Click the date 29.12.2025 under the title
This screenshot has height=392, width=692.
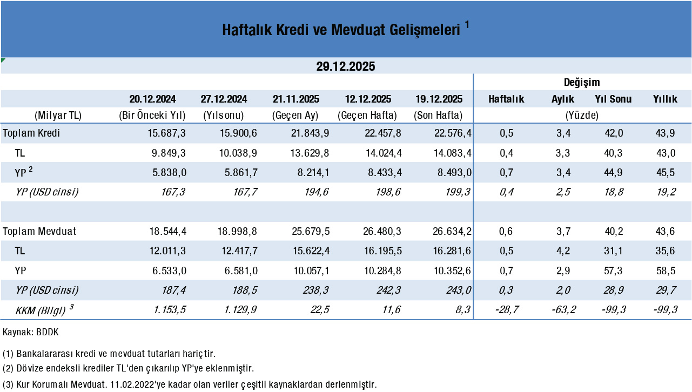coord(346,66)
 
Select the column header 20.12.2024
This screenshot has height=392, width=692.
coord(152,99)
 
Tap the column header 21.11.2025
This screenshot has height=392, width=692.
coord(296,99)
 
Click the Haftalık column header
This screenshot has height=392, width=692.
coord(506,99)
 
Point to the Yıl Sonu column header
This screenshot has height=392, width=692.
coord(613,99)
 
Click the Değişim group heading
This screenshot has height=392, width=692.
coord(582,83)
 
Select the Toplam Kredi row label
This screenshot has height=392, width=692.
coord(31,133)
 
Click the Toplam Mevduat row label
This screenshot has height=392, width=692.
coord(39,232)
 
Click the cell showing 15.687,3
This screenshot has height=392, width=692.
coord(167,133)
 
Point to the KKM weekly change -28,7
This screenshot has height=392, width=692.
coord(506,310)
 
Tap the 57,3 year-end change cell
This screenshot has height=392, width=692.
coord(613,271)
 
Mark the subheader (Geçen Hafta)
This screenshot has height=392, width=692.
coord(367,116)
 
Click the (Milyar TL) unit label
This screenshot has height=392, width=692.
coord(58,116)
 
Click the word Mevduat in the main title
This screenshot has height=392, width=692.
coord(356,30)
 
